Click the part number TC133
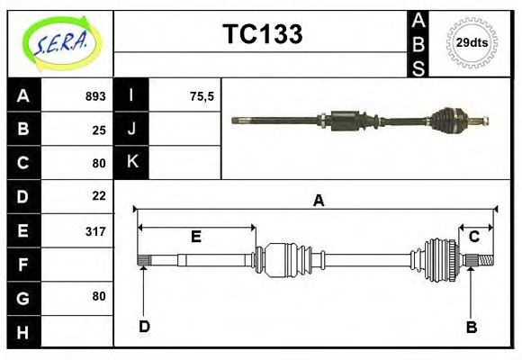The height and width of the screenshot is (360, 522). click(x=262, y=34)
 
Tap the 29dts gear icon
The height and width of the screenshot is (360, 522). click(x=472, y=42)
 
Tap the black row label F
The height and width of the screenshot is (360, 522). click(x=23, y=265)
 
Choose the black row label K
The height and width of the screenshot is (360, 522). click(x=131, y=163)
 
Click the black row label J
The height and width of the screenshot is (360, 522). click(x=131, y=130)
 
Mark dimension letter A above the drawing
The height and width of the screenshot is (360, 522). click(x=318, y=201)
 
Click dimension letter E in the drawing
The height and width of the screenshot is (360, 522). click(x=195, y=238)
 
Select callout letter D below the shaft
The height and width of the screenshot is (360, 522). click(x=143, y=326)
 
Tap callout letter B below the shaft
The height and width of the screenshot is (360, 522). click(x=471, y=327)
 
